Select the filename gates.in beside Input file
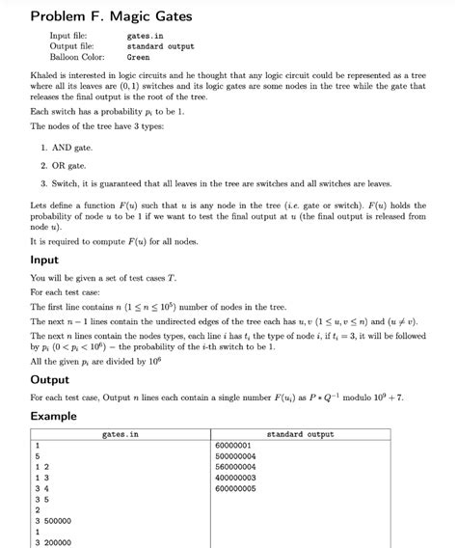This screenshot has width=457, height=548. (146, 36)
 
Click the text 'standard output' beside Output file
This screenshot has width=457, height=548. (160, 46)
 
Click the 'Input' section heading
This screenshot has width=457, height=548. (44, 260)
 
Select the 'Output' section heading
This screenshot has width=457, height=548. (49, 380)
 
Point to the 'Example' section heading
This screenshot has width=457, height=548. (53, 415)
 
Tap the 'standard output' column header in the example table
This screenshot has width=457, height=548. (299, 435)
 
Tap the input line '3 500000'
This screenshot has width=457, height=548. (55, 520)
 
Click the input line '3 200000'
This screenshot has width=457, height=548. (55, 541)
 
